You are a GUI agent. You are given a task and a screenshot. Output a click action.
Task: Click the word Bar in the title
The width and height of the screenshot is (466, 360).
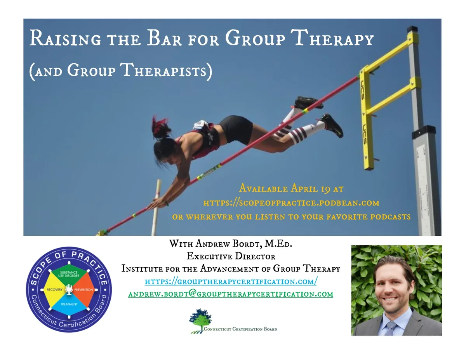coord(164,38)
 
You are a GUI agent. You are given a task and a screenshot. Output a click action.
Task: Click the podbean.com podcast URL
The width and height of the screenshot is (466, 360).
coord(291,203)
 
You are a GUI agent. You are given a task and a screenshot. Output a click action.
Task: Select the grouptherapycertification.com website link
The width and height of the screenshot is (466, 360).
coord(231,281)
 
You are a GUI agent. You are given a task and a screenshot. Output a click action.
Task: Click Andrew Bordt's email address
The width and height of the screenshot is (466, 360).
coord(231,294)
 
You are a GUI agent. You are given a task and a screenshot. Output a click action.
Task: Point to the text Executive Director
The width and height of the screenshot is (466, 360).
coord(231,256)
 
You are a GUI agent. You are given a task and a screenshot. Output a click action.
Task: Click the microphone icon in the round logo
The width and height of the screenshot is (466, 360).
coord(69,289)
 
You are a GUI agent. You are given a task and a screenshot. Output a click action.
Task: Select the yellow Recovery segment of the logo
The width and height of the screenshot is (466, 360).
coord(54,290)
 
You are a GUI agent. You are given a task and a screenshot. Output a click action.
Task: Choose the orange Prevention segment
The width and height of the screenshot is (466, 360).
coord(83,290)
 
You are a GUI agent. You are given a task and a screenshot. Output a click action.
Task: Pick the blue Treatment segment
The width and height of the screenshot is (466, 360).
coord(69,304)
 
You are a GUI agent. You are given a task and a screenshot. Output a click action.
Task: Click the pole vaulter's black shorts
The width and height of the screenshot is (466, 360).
coord(236,129)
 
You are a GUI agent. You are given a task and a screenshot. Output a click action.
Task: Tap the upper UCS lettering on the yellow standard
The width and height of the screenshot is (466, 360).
coord(362,90)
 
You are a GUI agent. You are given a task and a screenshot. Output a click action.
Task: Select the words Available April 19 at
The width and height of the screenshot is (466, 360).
coord(291,189)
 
